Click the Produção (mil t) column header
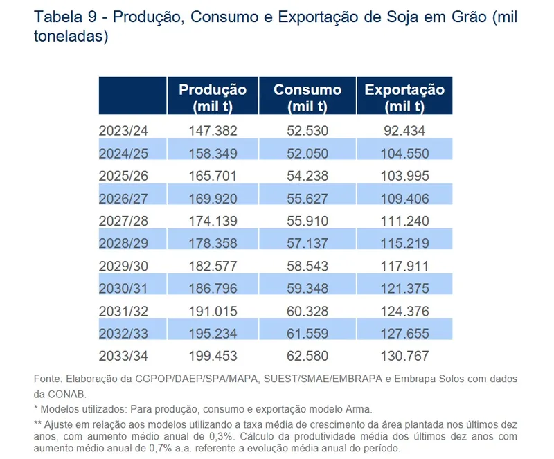pyautogui.click(x=213, y=98)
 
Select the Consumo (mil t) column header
pyautogui.click(x=307, y=98)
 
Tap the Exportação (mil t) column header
pyautogui.click(x=404, y=98)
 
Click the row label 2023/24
pyautogui.click(x=124, y=130)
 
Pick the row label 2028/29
pyautogui.click(x=124, y=244)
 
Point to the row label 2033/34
pyautogui.click(x=124, y=357)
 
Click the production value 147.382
pyautogui.click(x=213, y=130)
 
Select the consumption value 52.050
pyautogui.click(x=307, y=153)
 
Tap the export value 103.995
pyautogui.click(x=404, y=176)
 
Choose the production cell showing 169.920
pyautogui.click(x=213, y=199)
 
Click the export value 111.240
pyautogui.click(x=404, y=221)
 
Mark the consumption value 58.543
pyautogui.click(x=307, y=266)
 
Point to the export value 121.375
pyautogui.click(x=404, y=289)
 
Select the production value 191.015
pyautogui.click(x=213, y=312)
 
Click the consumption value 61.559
pyautogui.click(x=307, y=334)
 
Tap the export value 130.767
pyautogui.click(x=404, y=357)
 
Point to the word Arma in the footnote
pyautogui.click(x=359, y=409)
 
